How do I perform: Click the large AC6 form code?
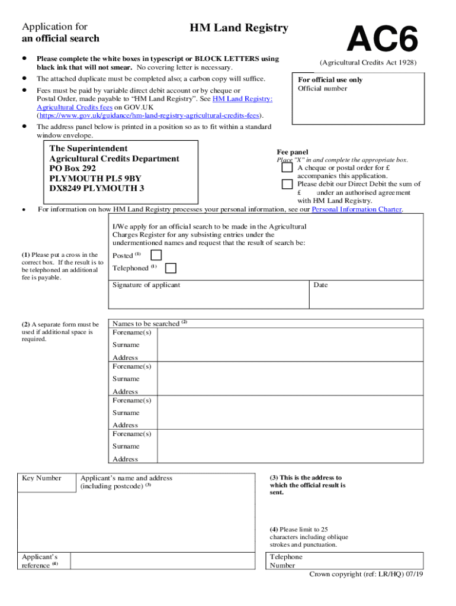tap(383, 40)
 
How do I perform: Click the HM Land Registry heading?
tap(239, 28)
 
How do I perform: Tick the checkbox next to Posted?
tap(156, 255)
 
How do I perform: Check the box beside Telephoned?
tap(171, 268)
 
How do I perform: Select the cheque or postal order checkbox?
tap(287, 168)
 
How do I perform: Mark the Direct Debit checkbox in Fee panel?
tap(287, 184)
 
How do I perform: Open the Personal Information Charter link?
tap(357, 209)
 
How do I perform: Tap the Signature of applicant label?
tap(146, 285)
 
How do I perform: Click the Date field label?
tap(320, 285)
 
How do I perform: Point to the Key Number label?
tap(41, 478)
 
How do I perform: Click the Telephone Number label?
tap(285, 561)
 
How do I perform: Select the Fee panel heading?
tap(293, 152)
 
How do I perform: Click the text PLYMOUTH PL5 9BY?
tap(95, 179)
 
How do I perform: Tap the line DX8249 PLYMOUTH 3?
tap(97, 189)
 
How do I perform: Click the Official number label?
tap(322, 89)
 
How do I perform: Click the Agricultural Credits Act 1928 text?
tap(368, 63)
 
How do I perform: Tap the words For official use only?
tap(330, 80)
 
